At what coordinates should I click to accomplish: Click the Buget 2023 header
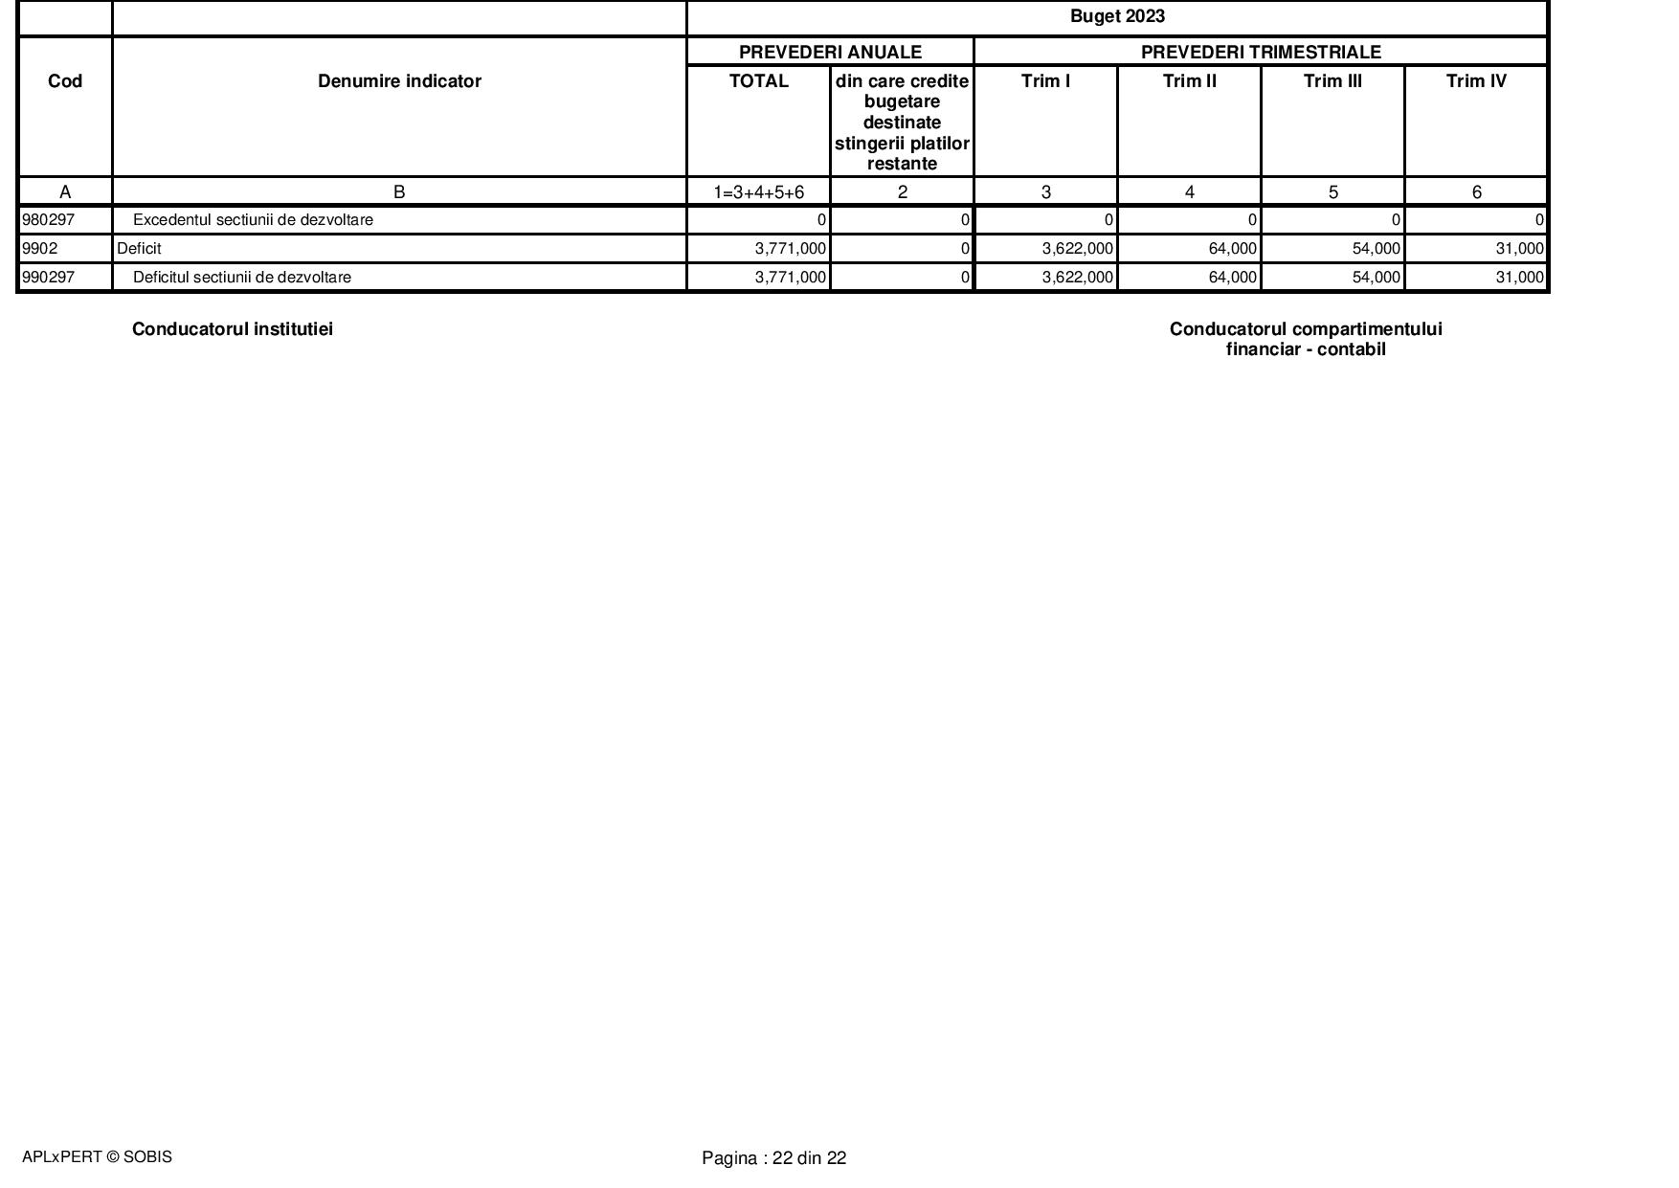click(1117, 16)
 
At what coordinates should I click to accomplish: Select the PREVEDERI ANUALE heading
click(830, 52)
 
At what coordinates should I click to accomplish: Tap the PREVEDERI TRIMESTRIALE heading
click(1261, 52)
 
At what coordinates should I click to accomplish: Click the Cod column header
click(65, 81)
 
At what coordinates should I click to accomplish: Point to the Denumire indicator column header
click(399, 81)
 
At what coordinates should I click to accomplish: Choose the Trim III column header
click(1332, 81)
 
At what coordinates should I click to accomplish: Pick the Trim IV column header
click(1476, 81)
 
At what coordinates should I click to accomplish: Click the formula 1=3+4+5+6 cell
click(758, 192)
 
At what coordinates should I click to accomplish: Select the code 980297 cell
click(48, 220)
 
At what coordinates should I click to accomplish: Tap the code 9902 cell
click(40, 249)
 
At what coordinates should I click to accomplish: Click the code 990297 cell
click(48, 278)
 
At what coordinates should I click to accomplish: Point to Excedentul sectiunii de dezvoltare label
click(253, 220)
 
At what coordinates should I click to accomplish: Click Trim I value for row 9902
click(1077, 249)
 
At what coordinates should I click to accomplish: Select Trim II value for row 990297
click(1232, 278)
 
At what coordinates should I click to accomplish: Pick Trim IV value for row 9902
click(1519, 249)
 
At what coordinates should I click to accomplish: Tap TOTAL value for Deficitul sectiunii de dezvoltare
click(790, 278)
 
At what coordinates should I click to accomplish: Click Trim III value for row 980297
click(1396, 220)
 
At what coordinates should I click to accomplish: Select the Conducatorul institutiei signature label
click(233, 329)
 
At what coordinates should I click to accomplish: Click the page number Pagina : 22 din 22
click(773, 1158)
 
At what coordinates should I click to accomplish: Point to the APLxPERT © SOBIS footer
click(97, 1156)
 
